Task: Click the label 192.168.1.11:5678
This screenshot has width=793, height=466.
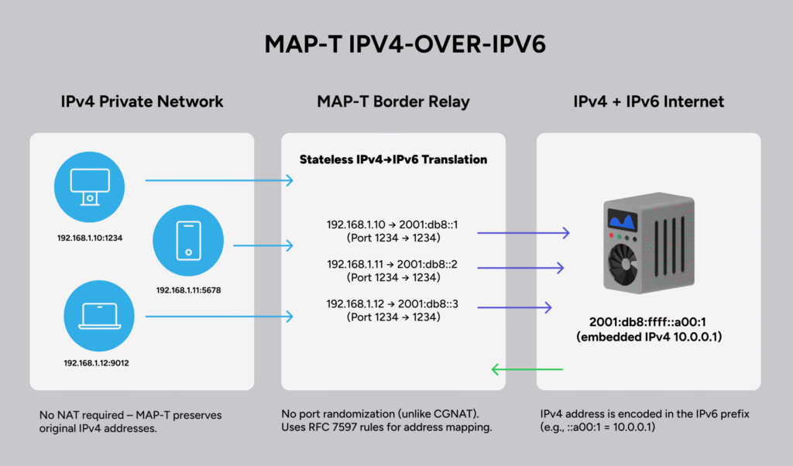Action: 190,290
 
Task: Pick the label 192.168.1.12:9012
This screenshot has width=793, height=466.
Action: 96,362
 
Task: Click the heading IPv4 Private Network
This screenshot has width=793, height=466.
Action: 142,101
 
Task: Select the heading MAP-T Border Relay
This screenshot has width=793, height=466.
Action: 393,101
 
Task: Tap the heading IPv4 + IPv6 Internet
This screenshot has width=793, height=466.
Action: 648,101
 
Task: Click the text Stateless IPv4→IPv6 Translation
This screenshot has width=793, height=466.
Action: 393,159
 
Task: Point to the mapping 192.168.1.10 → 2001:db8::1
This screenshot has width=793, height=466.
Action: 393,224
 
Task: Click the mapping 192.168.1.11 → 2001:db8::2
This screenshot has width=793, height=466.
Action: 393,264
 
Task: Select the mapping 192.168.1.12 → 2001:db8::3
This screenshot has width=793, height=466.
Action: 393,303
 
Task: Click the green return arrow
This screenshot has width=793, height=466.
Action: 527,369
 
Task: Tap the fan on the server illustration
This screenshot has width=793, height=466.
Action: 624,267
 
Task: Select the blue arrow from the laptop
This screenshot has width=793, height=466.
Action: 220,316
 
